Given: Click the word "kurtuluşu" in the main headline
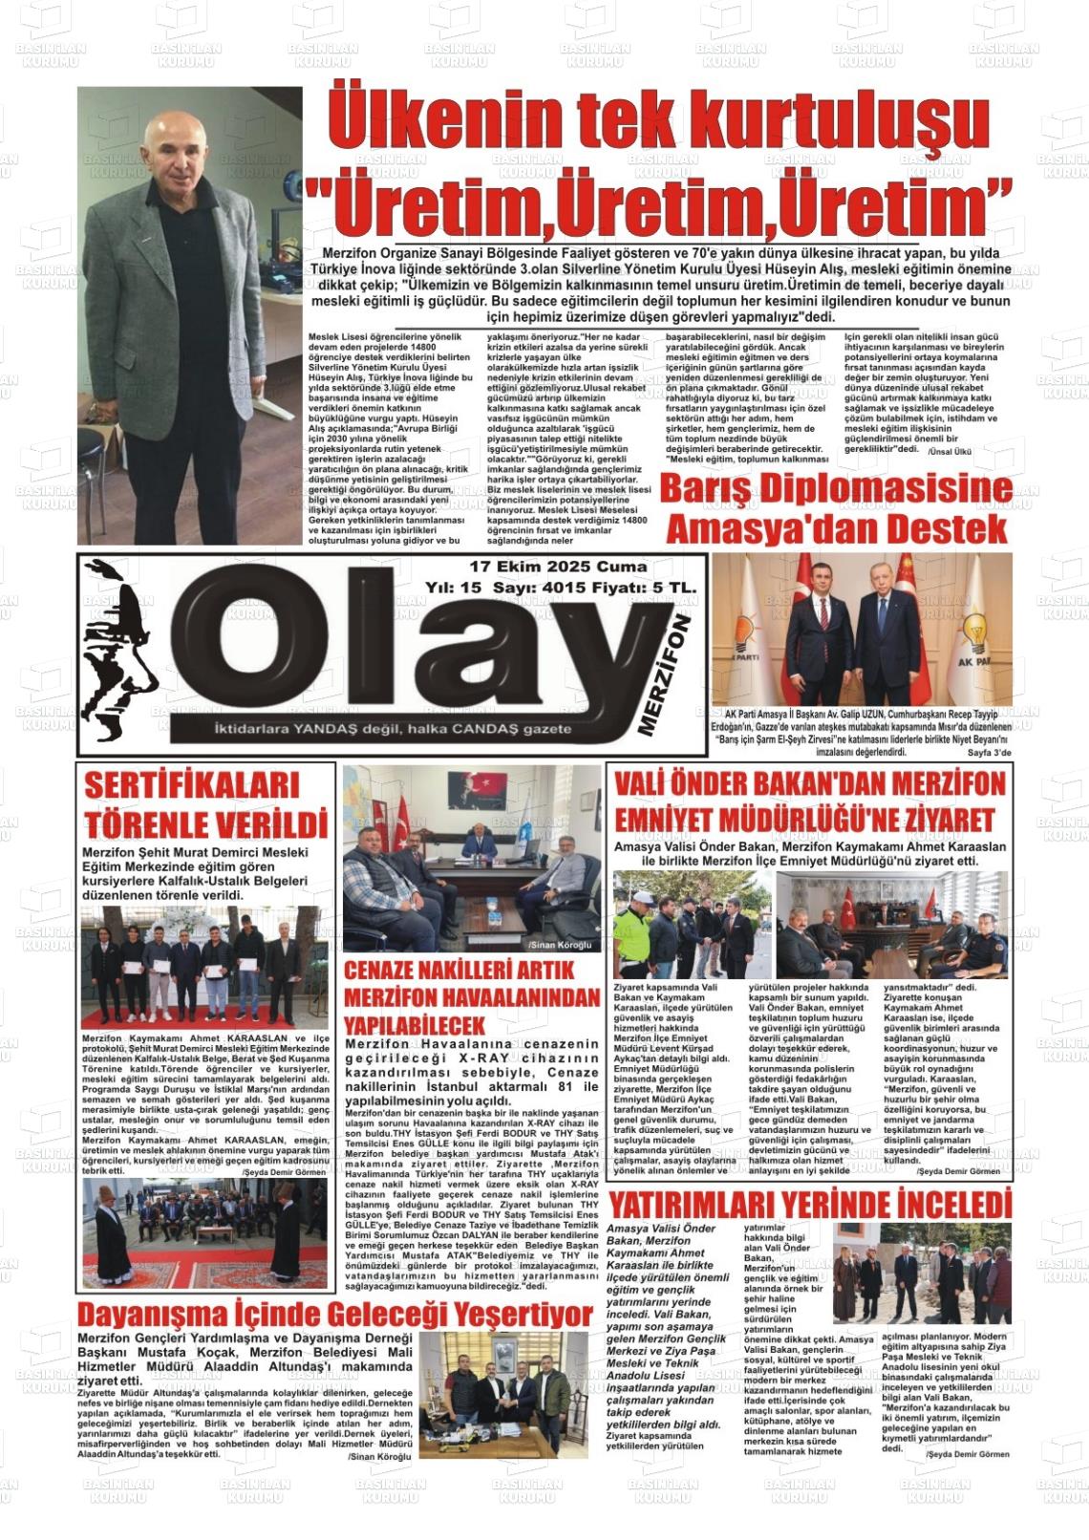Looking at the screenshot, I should [x=804, y=123].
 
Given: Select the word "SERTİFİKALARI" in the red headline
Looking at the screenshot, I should [x=192, y=786].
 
